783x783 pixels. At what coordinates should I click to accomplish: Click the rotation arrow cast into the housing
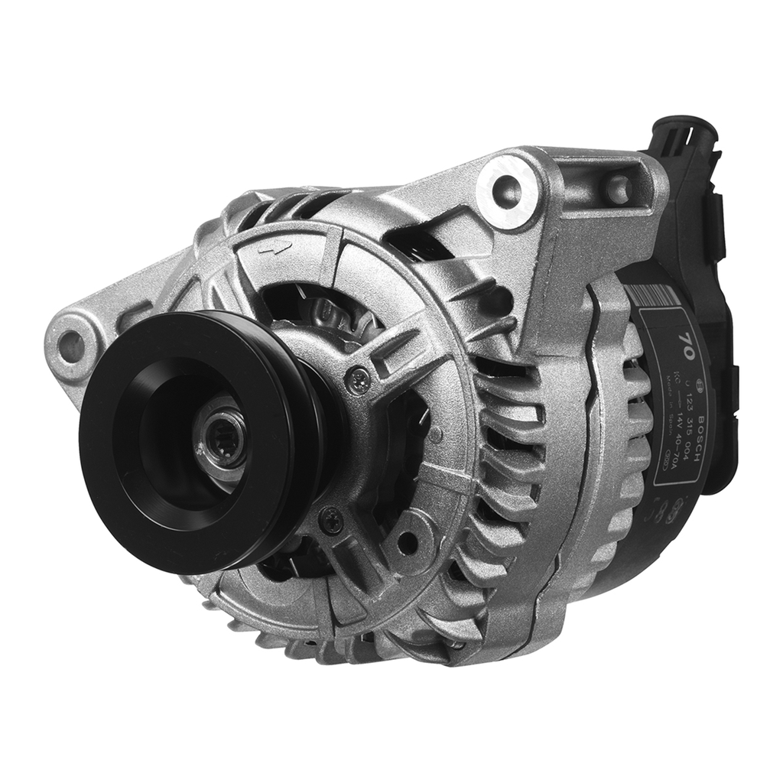[x=275, y=247]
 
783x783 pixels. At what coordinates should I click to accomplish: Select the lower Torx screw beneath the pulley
[x=330, y=519]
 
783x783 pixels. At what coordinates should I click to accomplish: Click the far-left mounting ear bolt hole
[x=72, y=346]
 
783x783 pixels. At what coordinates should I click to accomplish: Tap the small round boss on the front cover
[x=435, y=435]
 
